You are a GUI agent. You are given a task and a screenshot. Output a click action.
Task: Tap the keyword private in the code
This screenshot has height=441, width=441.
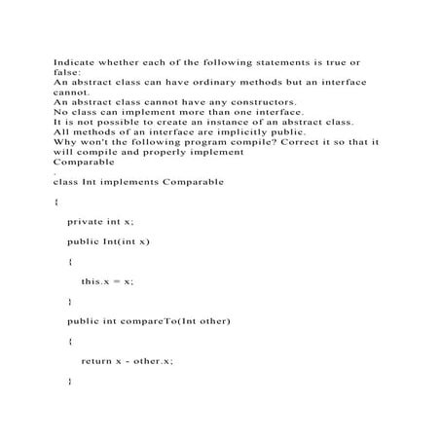(x=86, y=222)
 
